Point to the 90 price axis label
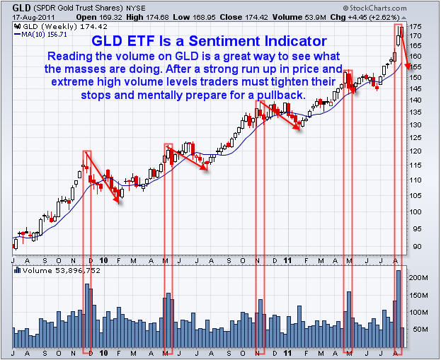click(x=417, y=247)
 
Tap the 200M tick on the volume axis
click(x=419, y=279)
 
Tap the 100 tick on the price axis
click(x=418, y=212)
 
